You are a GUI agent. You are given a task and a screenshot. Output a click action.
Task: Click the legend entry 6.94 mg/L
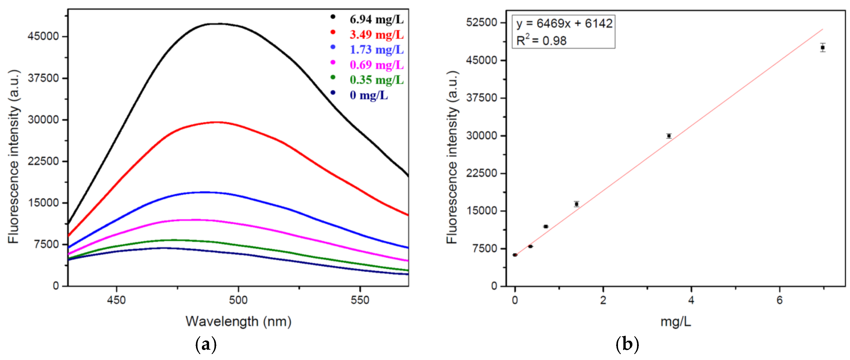pos(376,20)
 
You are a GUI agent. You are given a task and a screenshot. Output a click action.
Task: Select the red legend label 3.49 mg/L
pos(376,35)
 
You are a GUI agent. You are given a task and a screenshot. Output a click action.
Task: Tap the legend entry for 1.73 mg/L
pos(376,49)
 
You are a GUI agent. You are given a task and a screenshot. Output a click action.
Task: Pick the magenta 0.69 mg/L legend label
pos(376,65)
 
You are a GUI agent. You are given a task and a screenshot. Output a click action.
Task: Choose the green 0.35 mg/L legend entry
pos(376,80)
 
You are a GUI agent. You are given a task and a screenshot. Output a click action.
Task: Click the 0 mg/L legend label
pos(369,95)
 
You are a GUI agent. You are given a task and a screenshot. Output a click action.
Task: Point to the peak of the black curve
pos(219,24)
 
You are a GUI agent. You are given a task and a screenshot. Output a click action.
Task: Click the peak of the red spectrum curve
pos(216,122)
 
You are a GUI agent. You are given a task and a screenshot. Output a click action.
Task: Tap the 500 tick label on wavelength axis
pos(238,300)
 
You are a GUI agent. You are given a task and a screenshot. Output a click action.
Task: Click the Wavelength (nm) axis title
pos(238,321)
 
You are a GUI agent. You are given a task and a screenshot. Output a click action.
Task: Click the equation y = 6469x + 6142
pos(564,23)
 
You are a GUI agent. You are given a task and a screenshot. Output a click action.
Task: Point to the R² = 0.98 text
pos(541,40)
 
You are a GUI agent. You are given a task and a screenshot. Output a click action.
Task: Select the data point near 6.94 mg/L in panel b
pos(823,47)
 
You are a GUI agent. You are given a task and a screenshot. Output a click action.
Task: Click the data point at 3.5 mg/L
pos(669,136)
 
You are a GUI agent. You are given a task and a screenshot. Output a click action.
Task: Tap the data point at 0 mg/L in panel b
pos(515,255)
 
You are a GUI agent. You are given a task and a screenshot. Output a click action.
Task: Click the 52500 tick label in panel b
pos(481,22)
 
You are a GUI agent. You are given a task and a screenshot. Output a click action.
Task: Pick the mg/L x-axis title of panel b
pos(675,321)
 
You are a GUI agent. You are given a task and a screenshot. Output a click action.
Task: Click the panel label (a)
pos(206,345)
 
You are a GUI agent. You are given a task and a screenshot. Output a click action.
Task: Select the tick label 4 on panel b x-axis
pos(691,300)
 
